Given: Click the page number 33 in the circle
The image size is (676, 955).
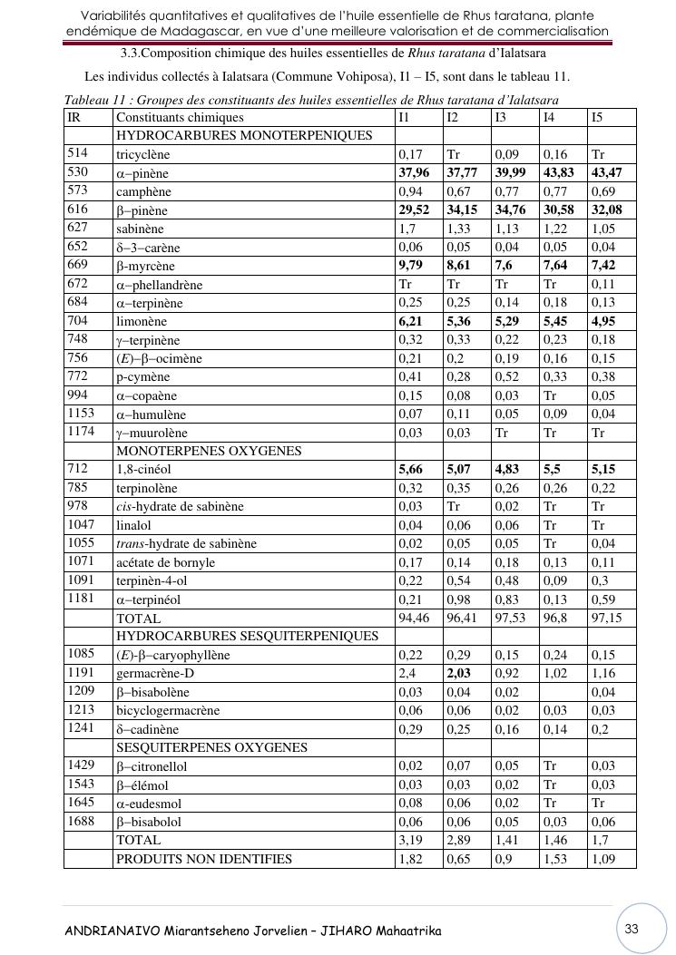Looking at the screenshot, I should (x=632, y=928).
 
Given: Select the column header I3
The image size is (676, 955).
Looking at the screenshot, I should (x=501, y=117).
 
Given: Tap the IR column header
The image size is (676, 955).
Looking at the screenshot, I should (x=73, y=117).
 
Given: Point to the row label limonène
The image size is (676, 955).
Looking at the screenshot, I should (x=142, y=321).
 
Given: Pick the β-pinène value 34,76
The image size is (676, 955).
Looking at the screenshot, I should (x=509, y=210).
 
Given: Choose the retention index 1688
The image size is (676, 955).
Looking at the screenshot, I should (x=82, y=822).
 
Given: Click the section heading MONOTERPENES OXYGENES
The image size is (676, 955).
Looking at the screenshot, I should (x=209, y=451).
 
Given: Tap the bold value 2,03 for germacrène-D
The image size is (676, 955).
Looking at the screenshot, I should (x=460, y=674).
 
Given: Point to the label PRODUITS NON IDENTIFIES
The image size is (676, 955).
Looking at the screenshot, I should (x=204, y=859).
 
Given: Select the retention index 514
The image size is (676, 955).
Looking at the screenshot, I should (x=78, y=154).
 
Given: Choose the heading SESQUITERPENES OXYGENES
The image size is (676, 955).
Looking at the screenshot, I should (x=211, y=747).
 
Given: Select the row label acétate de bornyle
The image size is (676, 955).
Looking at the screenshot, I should (x=165, y=562).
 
